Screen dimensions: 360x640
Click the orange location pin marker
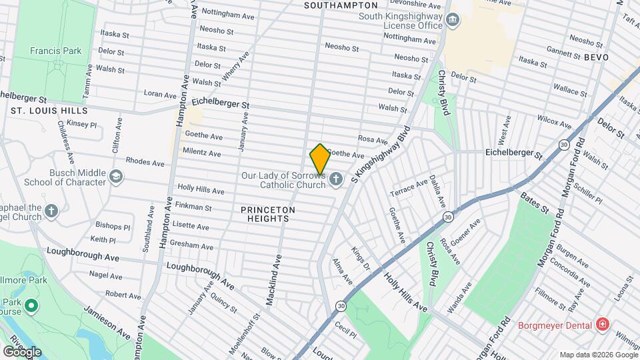tap(320, 159)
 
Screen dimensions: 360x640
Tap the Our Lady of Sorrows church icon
tap(335, 179)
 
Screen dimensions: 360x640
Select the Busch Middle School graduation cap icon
tap(117, 176)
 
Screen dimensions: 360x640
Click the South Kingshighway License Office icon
tap(453, 21)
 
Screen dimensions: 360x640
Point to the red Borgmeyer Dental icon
tap(603, 325)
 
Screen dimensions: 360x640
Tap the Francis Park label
tap(55, 51)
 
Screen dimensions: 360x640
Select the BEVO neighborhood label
tap(597, 58)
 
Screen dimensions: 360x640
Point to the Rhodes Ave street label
tap(145, 163)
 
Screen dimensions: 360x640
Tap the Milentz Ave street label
tap(201, 153)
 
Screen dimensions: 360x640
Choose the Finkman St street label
tap(193, 208)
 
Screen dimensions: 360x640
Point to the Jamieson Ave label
tap(106, 319)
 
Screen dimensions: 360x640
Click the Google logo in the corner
tap(22, 351)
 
